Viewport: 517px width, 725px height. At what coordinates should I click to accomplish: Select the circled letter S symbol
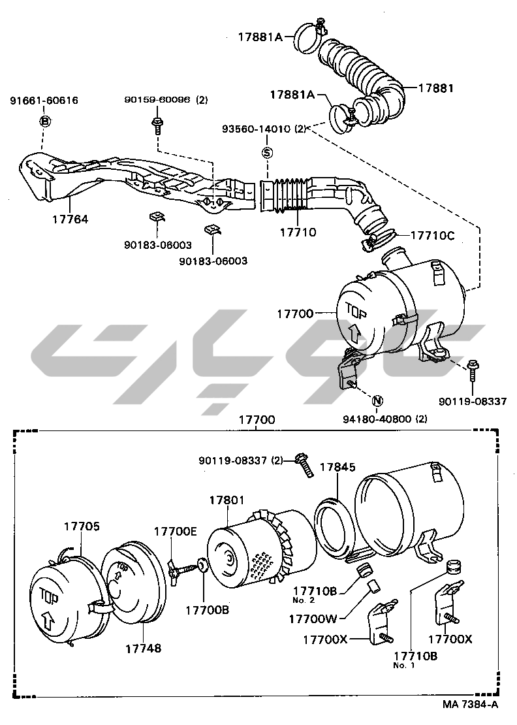coord(266,153)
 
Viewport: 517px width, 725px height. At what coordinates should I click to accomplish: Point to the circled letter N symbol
coord(378,400)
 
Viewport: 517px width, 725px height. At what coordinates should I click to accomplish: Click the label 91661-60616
coord(44,101)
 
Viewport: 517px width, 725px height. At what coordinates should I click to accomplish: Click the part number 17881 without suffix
coord(435,88)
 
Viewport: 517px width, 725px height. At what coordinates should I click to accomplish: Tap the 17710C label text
coord(432,234)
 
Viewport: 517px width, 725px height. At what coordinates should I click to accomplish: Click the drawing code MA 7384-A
coord(470,704)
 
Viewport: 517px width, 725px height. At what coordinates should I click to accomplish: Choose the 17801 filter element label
coord(227,500)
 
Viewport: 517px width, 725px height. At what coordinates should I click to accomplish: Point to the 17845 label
coord(337,467)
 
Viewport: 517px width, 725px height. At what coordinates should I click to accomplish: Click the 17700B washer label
coord(207,611)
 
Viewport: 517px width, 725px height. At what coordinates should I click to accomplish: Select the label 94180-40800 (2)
coord(384,419)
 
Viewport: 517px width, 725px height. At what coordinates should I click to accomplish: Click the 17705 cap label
coord(82,526)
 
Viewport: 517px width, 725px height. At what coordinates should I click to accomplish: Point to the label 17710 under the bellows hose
coord(298,231)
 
